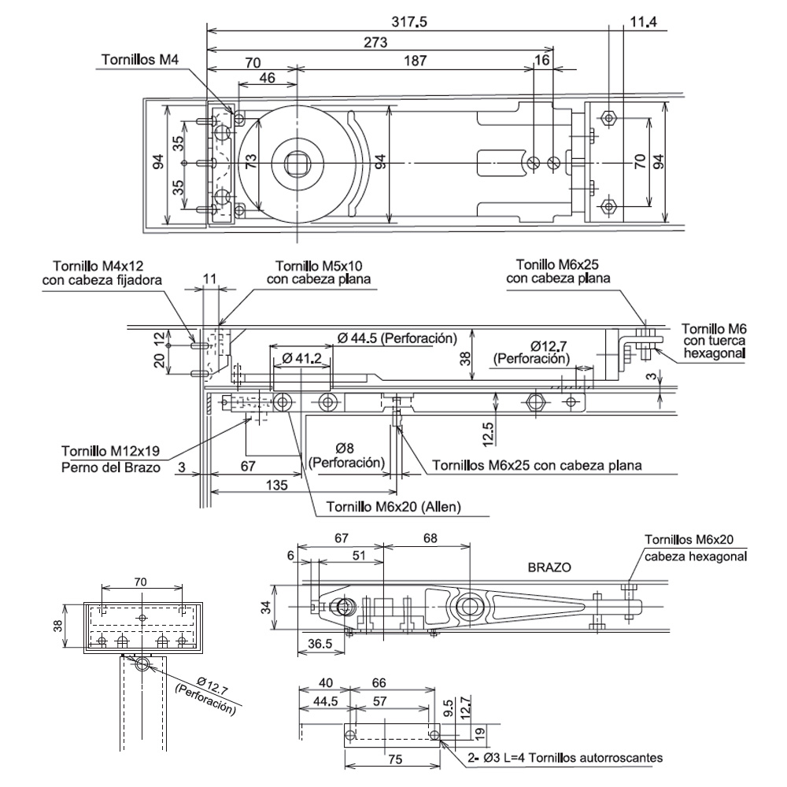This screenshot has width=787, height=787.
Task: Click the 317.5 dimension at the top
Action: pyautogui.click(x=409, y=22)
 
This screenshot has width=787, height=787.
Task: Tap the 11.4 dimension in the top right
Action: pyautogui.click(x=643, y=22)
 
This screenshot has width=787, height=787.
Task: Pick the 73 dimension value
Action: pyautogui.click(x=249, y=162)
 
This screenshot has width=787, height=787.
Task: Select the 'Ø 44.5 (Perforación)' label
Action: pyautogui.click(x=397, y=338)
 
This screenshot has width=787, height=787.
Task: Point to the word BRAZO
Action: pyautogui.click(x=549, y=567)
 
